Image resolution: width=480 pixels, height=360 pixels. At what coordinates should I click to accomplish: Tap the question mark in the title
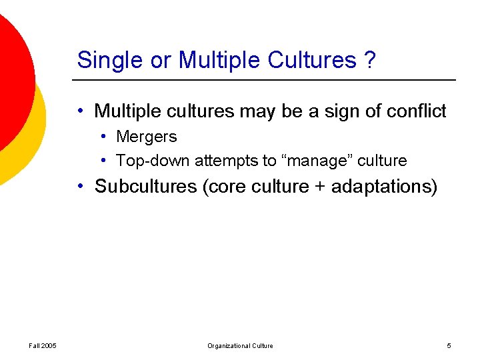(x=369, y=61)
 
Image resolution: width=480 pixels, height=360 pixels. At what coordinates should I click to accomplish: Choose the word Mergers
(x=146, y=137)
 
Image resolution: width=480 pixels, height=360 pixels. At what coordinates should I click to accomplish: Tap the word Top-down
(x=153, y=161)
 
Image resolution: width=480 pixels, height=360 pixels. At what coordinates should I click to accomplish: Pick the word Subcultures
(x=146, y=187)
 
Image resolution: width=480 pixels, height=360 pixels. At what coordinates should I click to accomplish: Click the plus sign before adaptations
(x=319, y=187)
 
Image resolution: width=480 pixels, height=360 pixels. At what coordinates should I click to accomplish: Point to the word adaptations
(x=383, y=187)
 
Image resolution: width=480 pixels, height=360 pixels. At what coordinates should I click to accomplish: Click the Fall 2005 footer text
(x=43, y=345)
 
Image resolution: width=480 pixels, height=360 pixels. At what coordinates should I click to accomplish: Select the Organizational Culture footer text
(x=240, y=345)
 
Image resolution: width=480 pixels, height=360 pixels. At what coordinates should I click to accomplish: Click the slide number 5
(x=449, y=345)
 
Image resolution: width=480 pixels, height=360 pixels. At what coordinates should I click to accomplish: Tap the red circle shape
(x=10, y=73)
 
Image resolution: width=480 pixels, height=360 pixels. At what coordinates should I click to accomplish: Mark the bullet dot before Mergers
(x=105, y=137)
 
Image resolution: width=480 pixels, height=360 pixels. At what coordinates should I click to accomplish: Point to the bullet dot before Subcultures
(x=79, y=187)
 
